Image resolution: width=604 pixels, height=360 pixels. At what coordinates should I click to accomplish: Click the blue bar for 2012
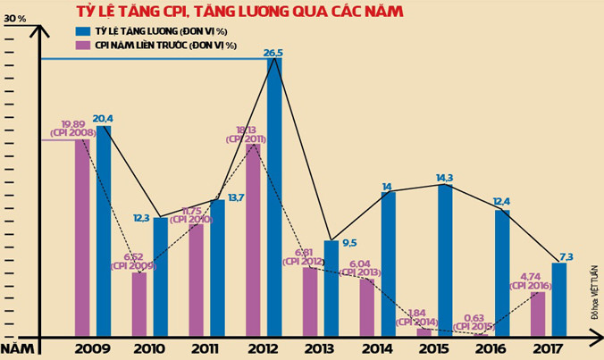pos(274,197)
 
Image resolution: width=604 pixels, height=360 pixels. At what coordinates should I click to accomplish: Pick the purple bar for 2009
pos(82,237)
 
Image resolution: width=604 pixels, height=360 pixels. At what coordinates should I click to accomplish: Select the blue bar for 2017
pos(559,298)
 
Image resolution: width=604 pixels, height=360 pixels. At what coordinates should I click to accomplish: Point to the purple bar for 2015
pos(424,331)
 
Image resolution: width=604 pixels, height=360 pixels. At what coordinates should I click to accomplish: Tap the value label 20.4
pos(103,118)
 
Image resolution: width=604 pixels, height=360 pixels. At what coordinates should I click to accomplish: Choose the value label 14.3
pos(444,178)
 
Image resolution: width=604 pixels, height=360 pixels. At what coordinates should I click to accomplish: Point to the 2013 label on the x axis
pos(319,347)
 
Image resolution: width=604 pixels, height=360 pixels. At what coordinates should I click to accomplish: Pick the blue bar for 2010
pos(161,276)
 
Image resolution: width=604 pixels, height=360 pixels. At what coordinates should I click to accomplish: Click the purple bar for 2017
pos(538,313)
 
